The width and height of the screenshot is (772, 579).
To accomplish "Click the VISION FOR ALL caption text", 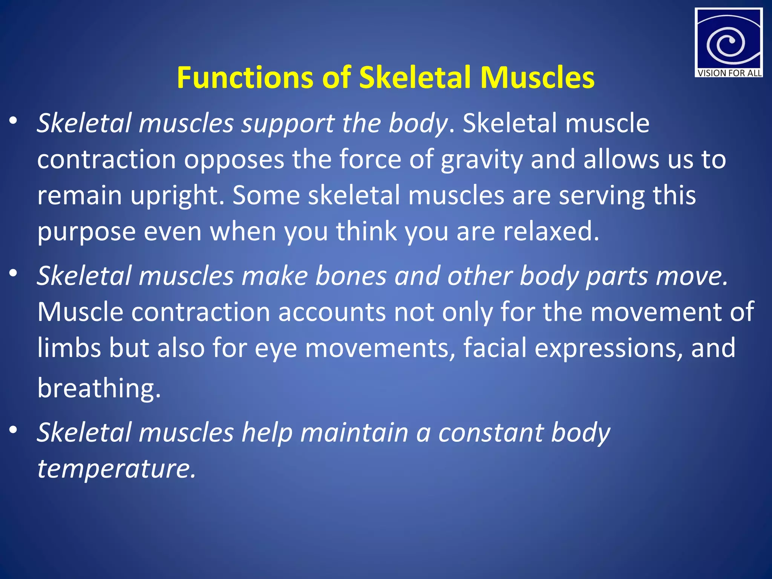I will point(729,73).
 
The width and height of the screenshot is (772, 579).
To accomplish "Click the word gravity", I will point(481,160).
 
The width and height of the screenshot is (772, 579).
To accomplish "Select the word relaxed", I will point(550,231).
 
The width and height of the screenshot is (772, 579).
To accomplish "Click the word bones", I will point(351,276).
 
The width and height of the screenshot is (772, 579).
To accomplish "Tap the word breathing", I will point(99,388).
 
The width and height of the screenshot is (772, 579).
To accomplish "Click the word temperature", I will point(116,469).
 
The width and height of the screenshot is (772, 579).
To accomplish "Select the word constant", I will point(490,432).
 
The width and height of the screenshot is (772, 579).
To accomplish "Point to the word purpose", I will point(86,232).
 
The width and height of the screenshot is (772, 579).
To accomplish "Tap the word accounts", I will point(332,312).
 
